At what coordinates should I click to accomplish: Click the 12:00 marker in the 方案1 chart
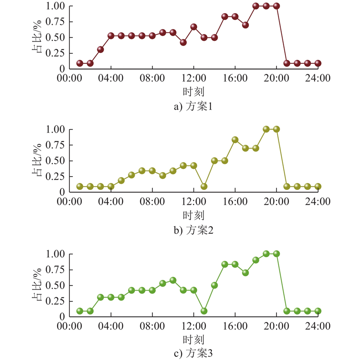tap(194, 27)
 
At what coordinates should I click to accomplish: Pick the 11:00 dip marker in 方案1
tap(183, 42)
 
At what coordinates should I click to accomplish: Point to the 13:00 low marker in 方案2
tap(204, 186)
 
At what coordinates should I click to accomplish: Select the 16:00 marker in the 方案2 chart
tap(235, 139)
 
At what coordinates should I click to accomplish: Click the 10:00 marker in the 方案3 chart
tap(173, 280)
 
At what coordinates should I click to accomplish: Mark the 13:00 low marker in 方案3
tap(204, 311)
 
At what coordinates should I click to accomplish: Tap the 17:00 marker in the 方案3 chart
tap(246, 273)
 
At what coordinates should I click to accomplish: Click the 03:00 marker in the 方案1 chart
tap(100, 49)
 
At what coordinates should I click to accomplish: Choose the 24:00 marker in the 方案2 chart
tap(318, 186)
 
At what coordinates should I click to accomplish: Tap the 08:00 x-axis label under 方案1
tap(152, 78)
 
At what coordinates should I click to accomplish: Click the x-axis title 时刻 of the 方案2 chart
tap(193, 215)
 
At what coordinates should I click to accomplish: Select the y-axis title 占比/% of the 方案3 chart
tap(37, 285)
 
